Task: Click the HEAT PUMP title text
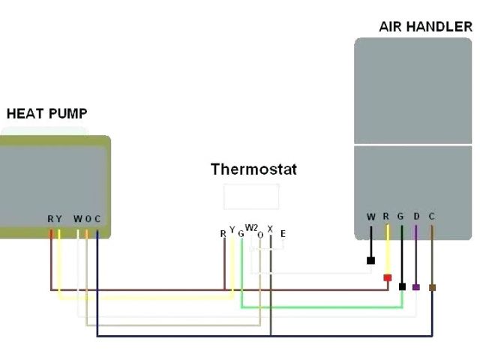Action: coord(46,114)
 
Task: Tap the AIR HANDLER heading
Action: coord(426,26)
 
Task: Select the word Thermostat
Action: coord(253,169)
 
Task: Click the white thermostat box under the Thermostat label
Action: coord(251,196)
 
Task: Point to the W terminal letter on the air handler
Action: coord(370,217)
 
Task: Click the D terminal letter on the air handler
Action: coord(416,217)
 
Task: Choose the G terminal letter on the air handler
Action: coord(400,217)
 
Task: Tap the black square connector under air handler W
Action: coord(370,261)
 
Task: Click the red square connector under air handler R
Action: coord(387,278)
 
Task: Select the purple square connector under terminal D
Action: coord(416,287)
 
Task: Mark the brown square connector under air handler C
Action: coord(432,287)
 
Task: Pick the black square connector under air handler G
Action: coord(403,286)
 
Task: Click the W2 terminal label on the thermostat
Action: coord(251,227)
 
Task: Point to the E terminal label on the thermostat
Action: coord(283,234)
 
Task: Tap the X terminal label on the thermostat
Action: coord(270,228)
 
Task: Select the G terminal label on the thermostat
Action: coord(241,233)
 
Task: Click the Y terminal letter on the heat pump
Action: coord(58,219)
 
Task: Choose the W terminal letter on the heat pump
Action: coord(77,219)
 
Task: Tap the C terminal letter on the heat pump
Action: coord(97,219)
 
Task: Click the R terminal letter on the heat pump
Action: coord(50,219)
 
